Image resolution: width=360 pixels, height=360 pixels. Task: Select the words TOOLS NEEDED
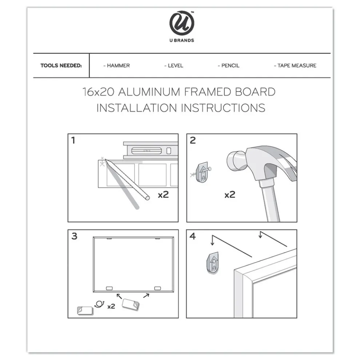pos(61,66)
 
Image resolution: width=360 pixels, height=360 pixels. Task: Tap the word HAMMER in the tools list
pos(116,66)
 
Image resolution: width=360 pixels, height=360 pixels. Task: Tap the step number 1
pos(73,140)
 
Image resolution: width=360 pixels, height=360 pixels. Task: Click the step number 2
pos(193,140)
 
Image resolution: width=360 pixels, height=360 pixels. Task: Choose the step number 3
pos(74,236)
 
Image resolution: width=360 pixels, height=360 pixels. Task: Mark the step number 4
pos(193,236)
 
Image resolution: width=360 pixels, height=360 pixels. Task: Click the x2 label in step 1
pos(163,195)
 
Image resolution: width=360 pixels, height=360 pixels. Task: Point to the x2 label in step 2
pos(229,195)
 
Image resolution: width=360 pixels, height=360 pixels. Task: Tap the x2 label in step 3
pos(111,306)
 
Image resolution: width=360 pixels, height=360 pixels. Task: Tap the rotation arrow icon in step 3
pos(98,305)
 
